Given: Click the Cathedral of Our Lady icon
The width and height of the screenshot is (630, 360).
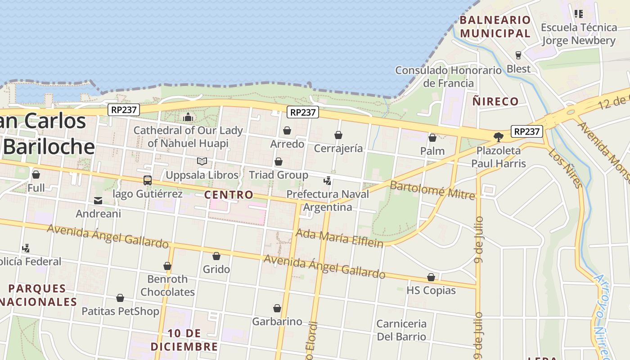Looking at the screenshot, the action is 188,118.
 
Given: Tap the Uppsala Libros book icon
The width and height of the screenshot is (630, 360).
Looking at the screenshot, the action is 202,161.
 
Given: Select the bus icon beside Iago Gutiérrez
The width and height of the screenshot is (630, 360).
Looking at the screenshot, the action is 148,180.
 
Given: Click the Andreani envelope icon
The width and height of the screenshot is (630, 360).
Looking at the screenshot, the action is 98,201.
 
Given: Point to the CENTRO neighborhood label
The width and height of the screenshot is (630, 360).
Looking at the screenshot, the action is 229,195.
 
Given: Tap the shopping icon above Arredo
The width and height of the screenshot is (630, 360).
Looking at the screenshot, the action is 287,131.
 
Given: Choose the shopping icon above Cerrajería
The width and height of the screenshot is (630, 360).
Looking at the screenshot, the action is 338,135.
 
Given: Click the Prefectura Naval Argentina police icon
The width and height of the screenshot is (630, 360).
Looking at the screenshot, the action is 328,181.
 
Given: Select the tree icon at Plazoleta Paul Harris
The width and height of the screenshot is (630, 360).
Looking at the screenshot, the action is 498,137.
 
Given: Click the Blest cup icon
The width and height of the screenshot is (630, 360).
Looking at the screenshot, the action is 518,55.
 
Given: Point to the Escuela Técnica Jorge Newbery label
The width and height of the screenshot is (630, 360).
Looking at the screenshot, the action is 578,34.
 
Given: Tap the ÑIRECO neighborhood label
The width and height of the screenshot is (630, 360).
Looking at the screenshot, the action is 495,101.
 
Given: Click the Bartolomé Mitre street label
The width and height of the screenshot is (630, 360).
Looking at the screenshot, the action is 432,190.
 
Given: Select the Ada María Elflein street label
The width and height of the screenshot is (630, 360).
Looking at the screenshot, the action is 339,238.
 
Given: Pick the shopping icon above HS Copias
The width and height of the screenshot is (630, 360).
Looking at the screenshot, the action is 431,277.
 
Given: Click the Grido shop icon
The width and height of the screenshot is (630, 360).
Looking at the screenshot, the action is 216,256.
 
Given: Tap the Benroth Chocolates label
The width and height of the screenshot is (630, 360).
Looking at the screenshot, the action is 167,285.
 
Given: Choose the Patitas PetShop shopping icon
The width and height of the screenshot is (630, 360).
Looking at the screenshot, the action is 120,298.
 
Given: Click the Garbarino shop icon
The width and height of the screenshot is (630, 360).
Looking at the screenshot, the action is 277,308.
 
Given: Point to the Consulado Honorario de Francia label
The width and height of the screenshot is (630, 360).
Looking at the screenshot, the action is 448,76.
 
